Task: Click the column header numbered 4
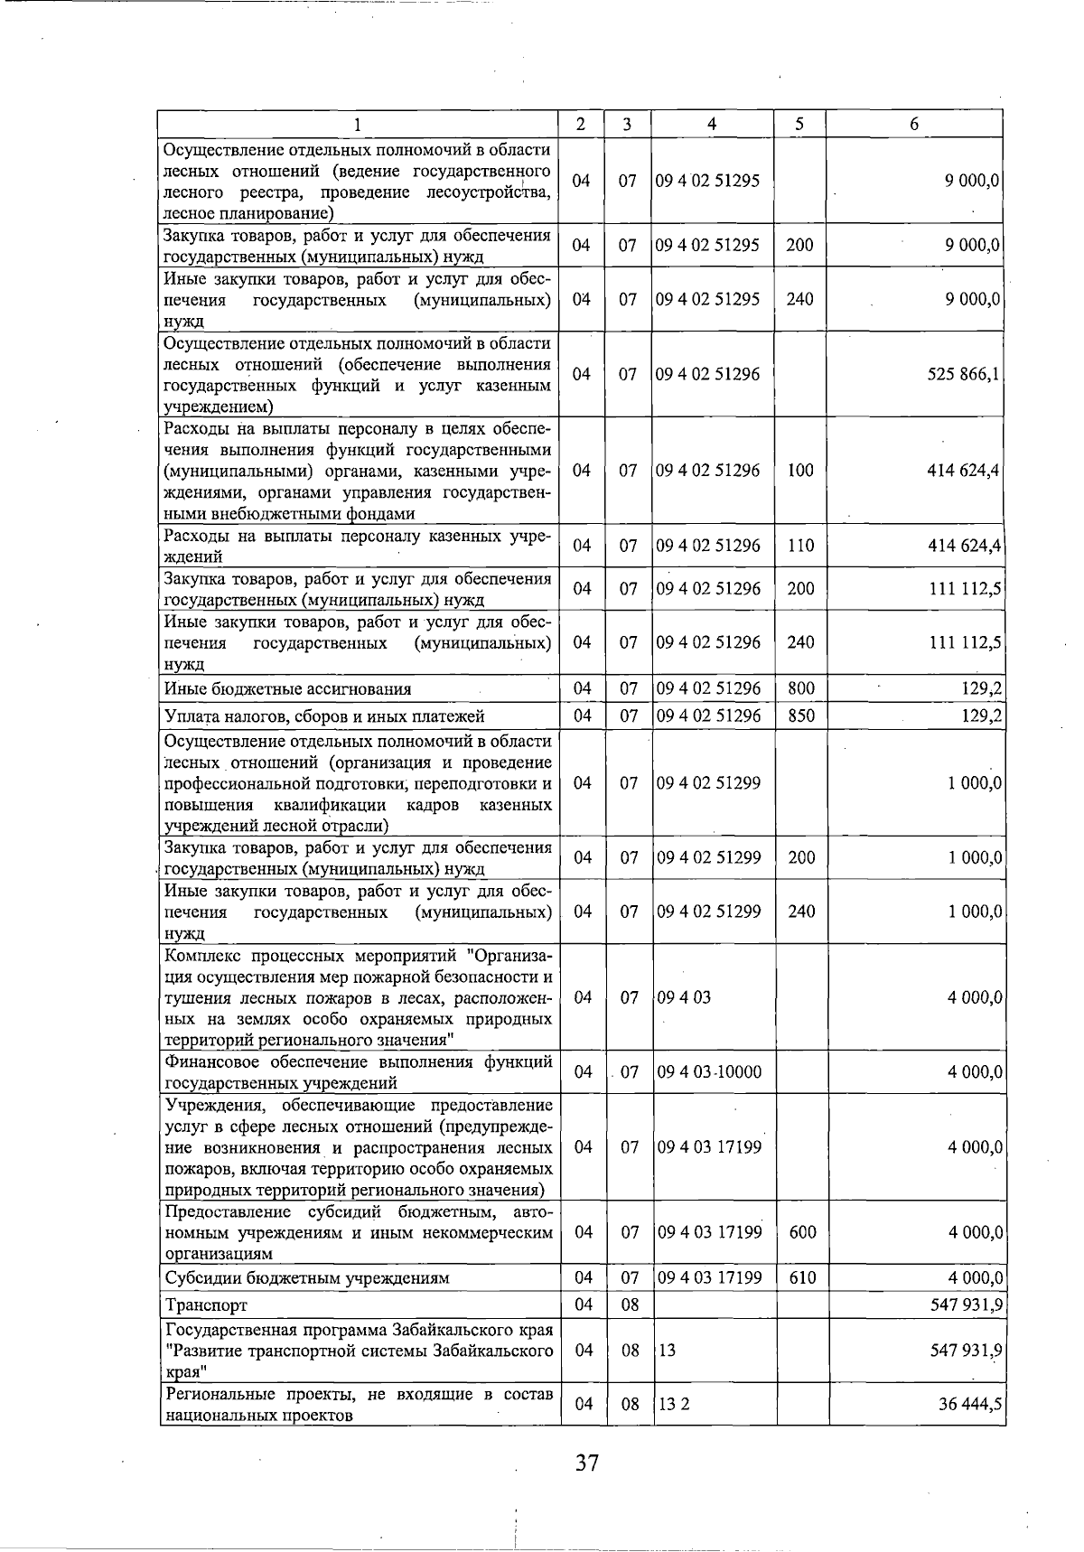[x=712, y=125]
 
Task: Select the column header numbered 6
[x=914, y=125]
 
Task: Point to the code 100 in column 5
[x=800, y=471]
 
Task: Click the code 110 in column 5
[x=800, y=546]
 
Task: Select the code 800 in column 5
[x=800, y=688]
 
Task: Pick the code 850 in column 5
[x=800, y=716]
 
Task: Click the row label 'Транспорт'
[x=206, y=1305]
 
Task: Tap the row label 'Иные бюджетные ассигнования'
[x=287, y=689]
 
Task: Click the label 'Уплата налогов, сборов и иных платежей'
[x=324, y=716]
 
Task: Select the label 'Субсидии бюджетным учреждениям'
[x=306, y=1278]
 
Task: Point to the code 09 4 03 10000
[x=709, y=1072]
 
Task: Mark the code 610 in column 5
[x=802, y=1277]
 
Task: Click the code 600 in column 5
[x=802, y=1232]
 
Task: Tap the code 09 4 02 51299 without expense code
[x=709, y=783]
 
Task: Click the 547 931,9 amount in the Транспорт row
[x=963, y=1305]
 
